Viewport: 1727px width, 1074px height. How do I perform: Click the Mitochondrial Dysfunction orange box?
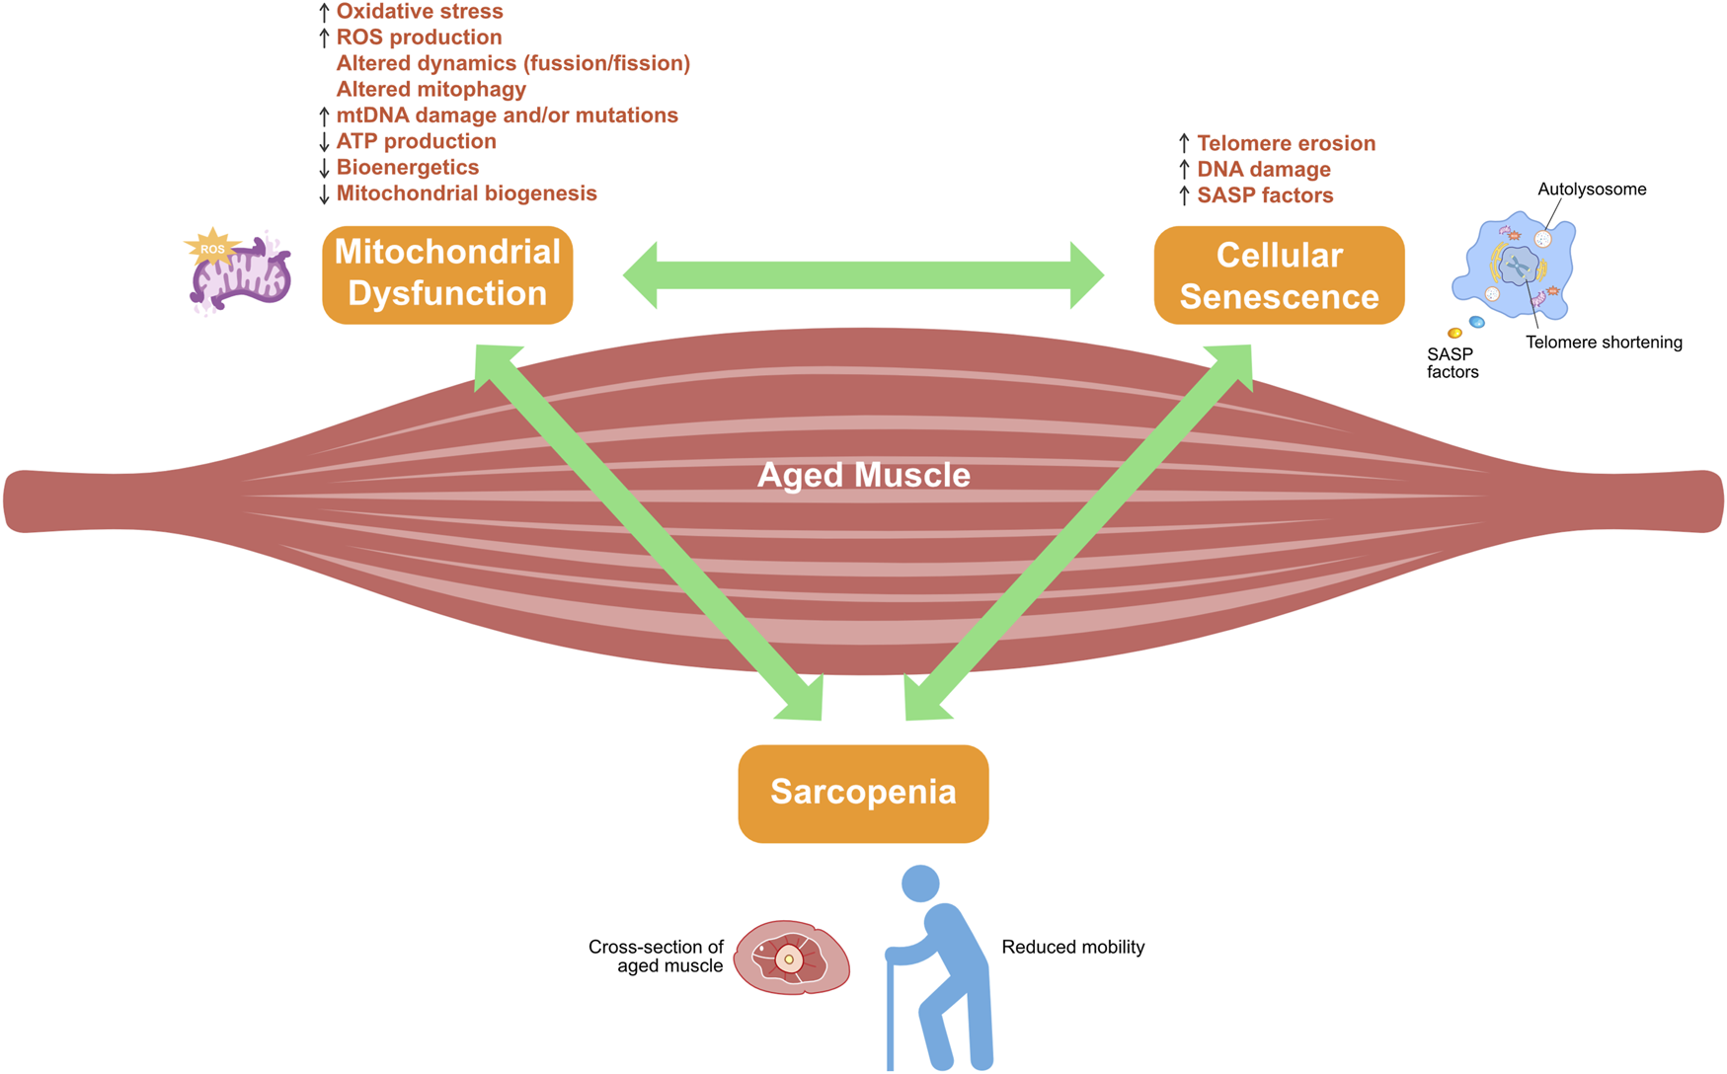pos(447,274)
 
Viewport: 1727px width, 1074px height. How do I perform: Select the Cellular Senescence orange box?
pos(1279,275)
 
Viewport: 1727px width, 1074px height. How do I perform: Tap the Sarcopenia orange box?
pos(863,793)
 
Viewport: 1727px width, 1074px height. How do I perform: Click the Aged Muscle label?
pos(863,475)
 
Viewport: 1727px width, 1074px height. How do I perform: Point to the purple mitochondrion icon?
pos(243,276)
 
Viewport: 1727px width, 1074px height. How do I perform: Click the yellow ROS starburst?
pos(211,249)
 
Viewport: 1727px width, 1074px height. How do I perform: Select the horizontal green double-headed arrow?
pos(863,275)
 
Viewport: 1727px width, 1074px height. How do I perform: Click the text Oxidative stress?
pos(420,12)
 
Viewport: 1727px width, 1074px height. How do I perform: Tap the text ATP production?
pos(416,141)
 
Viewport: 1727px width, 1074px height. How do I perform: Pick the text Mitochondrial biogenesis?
pos(466,193)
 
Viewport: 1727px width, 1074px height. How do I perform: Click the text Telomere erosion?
pos(1286,143)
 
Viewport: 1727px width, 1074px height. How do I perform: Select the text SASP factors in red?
pos(1265,195)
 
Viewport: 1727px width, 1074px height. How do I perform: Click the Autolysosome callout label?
pos(1591,190)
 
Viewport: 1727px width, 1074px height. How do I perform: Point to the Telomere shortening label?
pos(1604,343)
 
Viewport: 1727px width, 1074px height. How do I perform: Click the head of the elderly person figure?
pos(920,882)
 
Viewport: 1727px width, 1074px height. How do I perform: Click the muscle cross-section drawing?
pos(792,957)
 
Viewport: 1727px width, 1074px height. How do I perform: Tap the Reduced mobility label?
pos(1072,947)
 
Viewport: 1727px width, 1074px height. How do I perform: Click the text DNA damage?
pos(1263,170)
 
